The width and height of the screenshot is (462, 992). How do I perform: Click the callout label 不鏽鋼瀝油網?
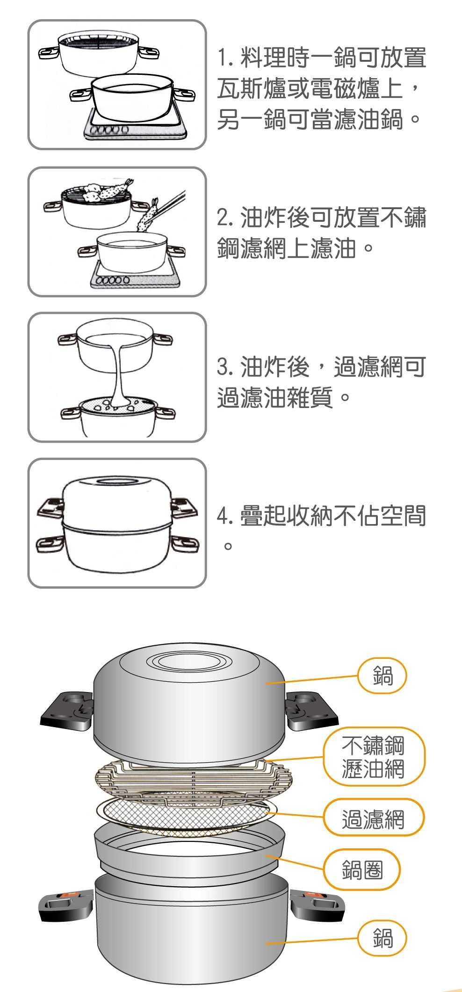(x=374, y=757)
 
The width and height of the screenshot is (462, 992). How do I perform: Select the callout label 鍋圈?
(x=362, y=870)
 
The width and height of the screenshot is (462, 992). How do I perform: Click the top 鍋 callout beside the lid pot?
(x=383, y=675)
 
